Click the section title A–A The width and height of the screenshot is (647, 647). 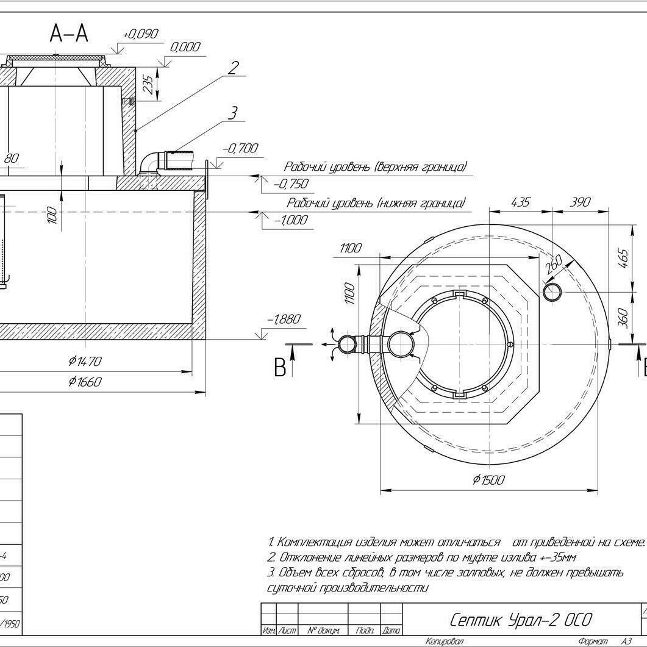coord(69,34)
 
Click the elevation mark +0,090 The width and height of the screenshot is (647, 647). coord(140,34)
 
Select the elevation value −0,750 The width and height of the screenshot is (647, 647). coord(291,184)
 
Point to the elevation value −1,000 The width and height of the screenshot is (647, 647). coord(291,220)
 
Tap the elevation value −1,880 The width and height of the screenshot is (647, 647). coord(284,319)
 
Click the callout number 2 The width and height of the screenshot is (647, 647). coord(234,67)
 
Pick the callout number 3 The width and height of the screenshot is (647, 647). coord(232,113)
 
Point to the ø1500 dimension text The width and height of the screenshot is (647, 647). coord(488,480)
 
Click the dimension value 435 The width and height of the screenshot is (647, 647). coord(520,202)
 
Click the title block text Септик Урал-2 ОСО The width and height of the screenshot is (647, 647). coord(520,620)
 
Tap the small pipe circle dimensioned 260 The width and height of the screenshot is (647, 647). coord(553,291)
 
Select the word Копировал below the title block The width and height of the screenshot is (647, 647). coord(444,642)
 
